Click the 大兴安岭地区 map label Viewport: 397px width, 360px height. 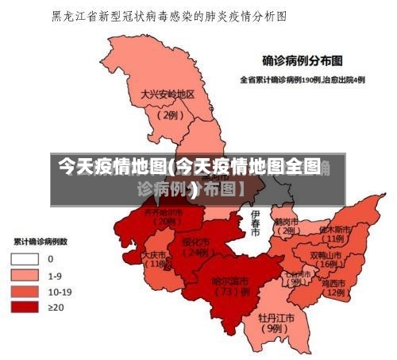(168, 94)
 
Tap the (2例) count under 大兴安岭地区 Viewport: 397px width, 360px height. (168, 114)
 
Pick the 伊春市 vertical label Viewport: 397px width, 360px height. (255, 224)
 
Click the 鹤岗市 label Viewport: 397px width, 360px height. (285, 222)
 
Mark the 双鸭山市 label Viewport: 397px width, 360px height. (326, 256)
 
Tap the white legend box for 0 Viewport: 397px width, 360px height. (25, 258)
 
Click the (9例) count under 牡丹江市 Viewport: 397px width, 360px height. (276, 327)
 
